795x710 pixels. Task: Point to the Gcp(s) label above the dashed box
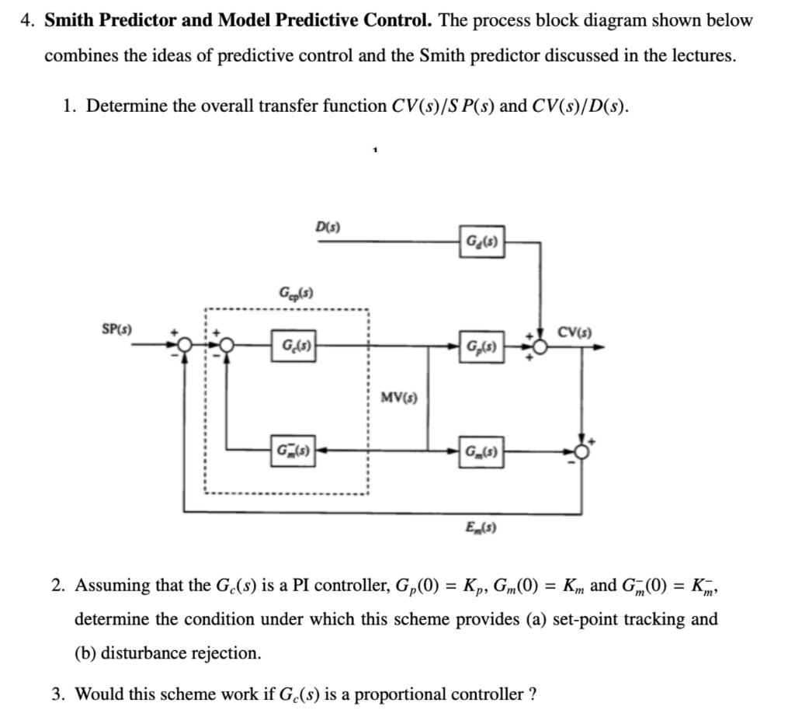point(294,293)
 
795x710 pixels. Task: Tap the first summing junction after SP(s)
point(183,346)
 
